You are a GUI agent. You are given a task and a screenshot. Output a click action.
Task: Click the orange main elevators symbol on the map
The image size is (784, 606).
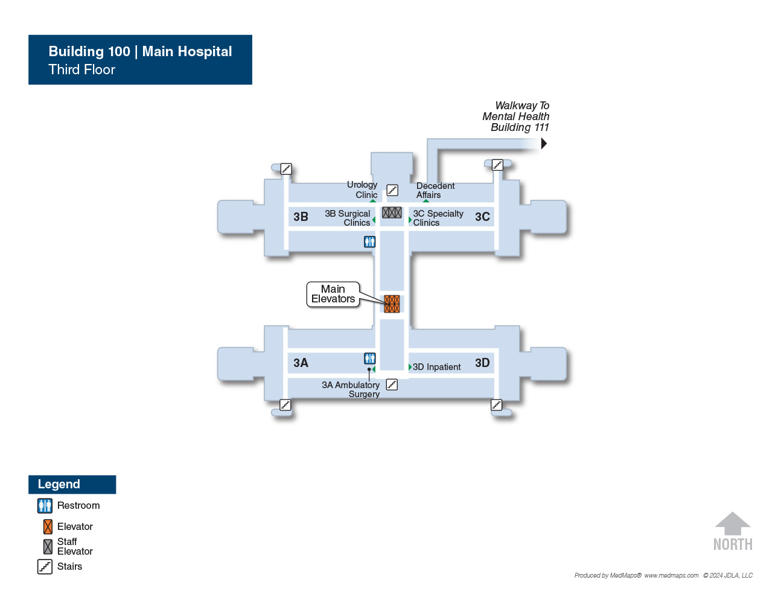392,304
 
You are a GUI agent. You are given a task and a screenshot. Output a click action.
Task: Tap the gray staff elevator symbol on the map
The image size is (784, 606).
392,212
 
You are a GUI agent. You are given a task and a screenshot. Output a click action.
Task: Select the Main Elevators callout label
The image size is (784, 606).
333,294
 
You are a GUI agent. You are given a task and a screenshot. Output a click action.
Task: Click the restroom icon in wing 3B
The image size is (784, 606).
369,241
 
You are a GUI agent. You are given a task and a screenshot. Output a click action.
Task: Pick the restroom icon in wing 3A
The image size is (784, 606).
369,358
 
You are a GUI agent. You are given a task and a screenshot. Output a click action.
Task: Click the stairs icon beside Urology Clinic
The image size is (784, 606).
392,190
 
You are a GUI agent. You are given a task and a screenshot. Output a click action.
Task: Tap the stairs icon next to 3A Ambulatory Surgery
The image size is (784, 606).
392,384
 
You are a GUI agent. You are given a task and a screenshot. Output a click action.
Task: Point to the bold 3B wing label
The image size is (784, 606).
301,217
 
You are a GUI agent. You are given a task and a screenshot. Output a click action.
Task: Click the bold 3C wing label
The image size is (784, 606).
482,217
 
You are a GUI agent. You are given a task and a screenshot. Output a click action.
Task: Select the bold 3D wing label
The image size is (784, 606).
482,363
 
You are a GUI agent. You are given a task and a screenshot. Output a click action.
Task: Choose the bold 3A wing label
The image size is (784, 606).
301,363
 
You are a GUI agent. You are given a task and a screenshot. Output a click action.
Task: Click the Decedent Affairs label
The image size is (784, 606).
435,190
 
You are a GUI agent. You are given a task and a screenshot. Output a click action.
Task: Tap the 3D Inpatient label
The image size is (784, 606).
436,367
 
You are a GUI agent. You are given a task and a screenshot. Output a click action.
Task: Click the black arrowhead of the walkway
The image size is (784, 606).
544,144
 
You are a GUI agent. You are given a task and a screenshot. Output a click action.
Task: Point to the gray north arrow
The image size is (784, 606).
733,523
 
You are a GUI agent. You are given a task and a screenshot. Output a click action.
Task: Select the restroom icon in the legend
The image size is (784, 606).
45,506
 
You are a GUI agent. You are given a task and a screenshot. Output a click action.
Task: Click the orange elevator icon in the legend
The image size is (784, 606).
48,527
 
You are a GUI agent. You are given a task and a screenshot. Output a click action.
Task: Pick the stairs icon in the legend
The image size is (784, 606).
45,567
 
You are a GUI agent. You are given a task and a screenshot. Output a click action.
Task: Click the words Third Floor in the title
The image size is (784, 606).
82,69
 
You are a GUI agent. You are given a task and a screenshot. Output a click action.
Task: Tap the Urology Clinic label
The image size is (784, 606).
362,190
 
